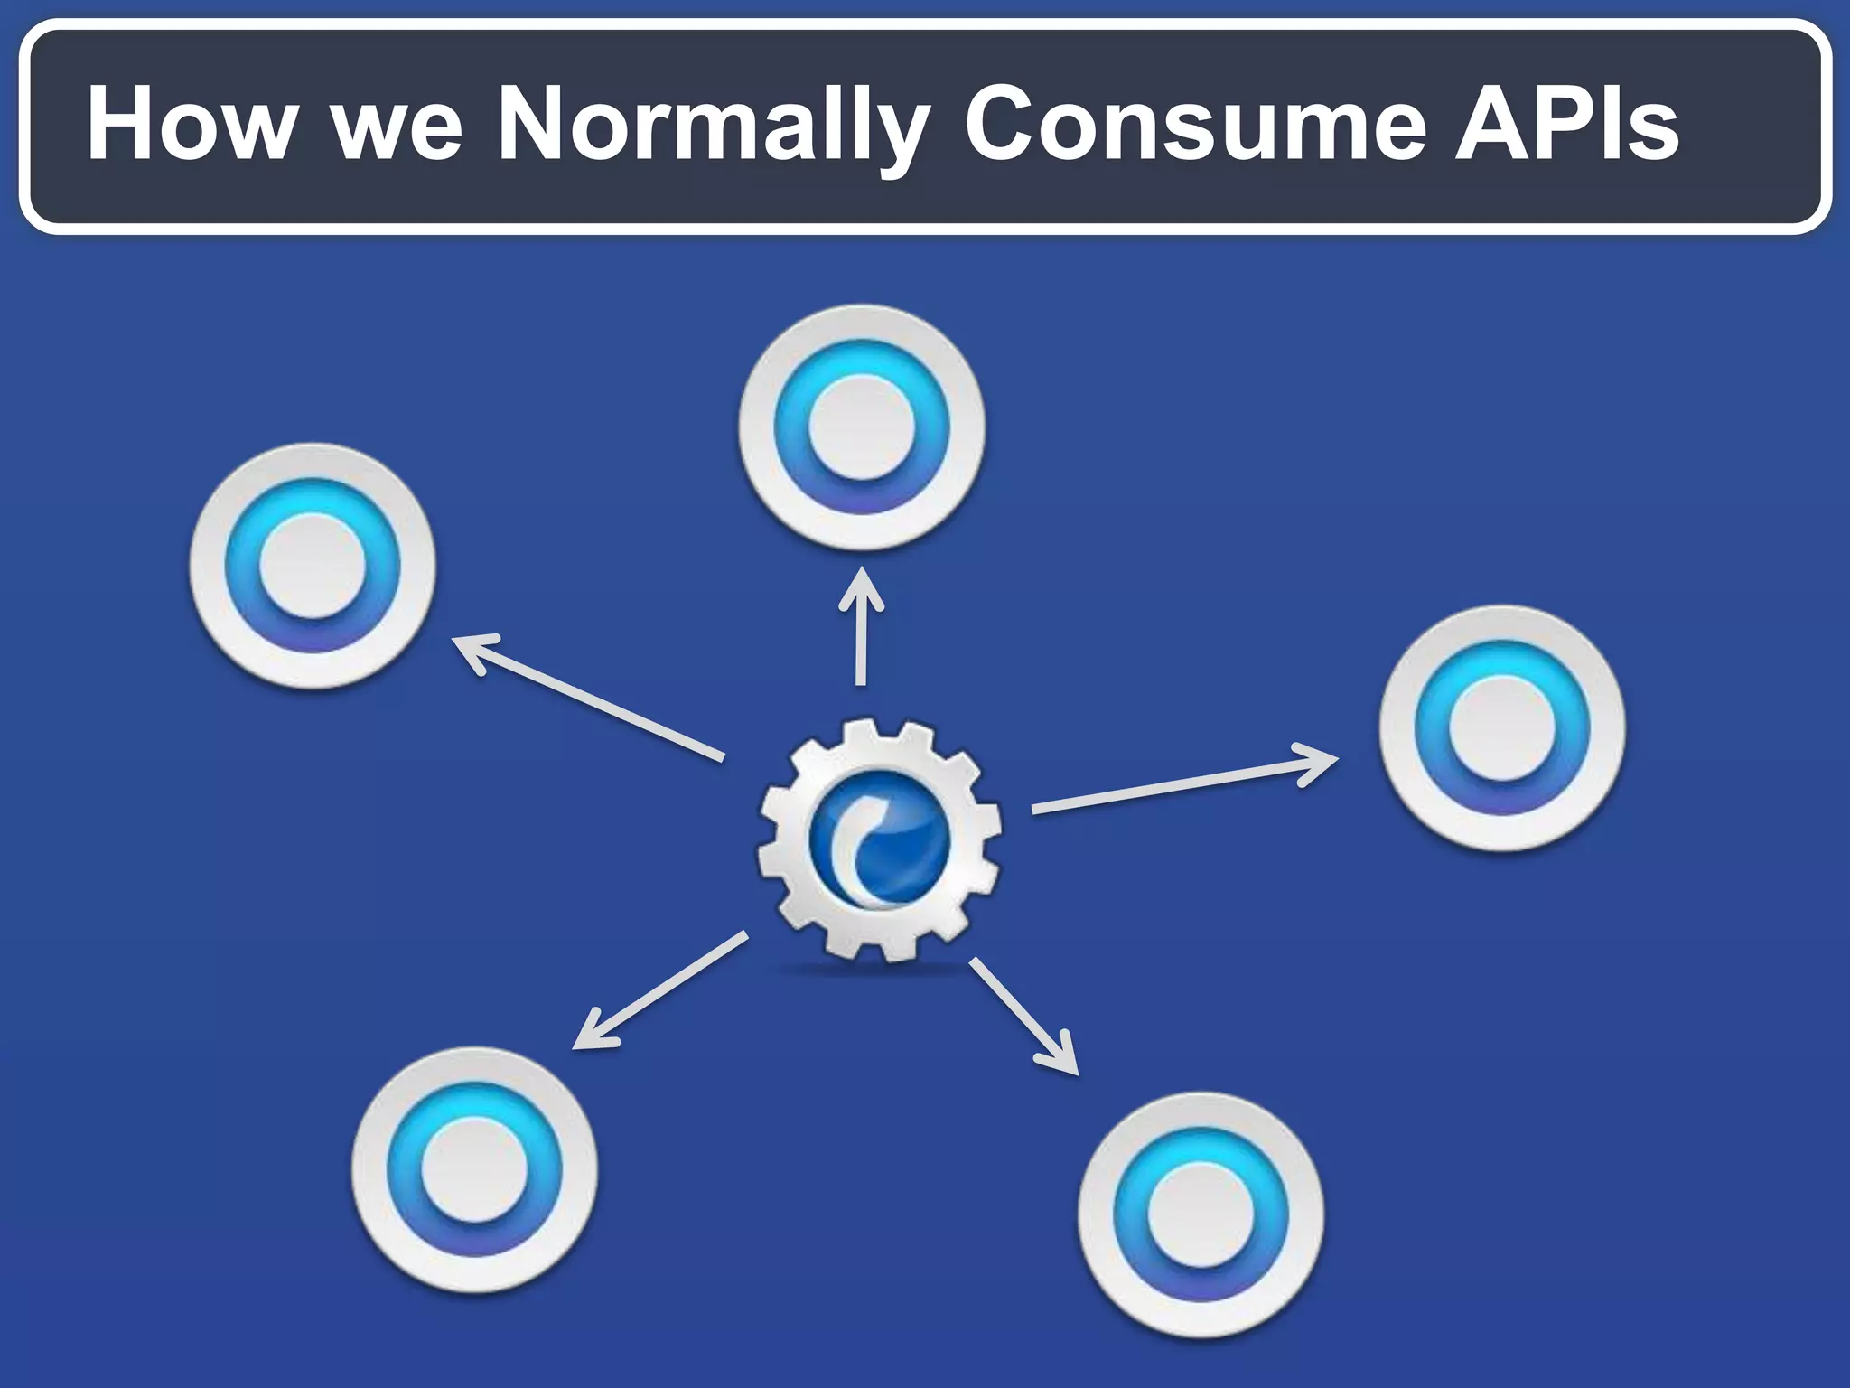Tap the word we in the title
click(398, 127)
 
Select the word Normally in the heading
click(714, 127)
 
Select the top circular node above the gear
click(861, 427)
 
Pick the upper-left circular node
click(313, 566)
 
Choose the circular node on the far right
click(1501, 728)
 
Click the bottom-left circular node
click(474, 1170)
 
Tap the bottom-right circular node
click(1201, 1215)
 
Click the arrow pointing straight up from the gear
click(861, 628)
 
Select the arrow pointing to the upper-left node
click(587, 698)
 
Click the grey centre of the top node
click(861, 427)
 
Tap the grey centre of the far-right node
click(1501, 728)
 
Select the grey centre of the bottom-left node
click(474, 1170)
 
